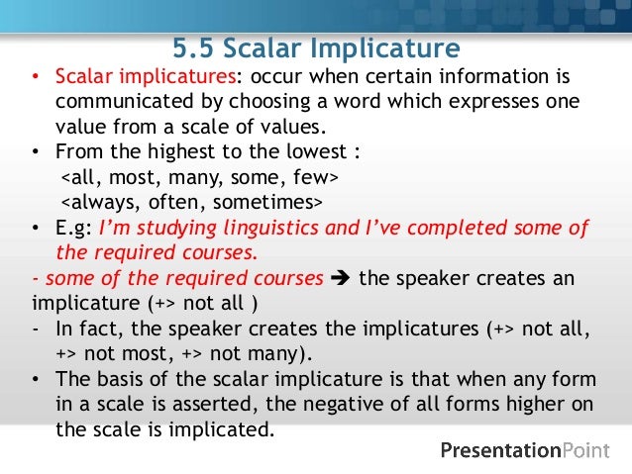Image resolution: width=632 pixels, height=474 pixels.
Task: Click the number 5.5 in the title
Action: (194, 47)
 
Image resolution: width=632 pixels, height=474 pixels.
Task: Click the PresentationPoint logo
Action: (524, 450)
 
